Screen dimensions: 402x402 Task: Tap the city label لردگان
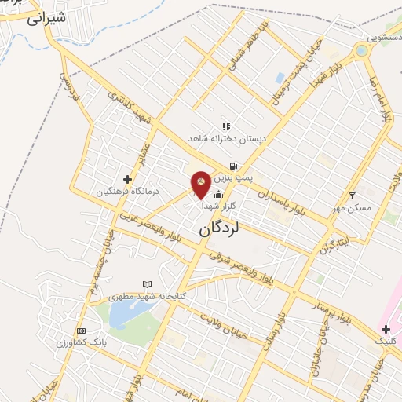click(217, 229)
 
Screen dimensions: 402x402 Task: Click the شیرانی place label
click(43, 18)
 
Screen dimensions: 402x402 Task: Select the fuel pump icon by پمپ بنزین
click(233, 166)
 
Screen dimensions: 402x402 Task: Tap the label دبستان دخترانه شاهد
click(226, 138)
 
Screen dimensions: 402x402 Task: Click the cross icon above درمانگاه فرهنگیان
click(127, 179)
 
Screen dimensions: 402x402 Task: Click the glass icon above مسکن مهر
click(352, 195)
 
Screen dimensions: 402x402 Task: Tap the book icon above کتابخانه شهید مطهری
click(147, 283)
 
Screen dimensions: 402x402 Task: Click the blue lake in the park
click(123, 316)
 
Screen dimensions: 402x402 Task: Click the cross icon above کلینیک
click(385, 329)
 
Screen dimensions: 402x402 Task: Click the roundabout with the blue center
click(361, 51)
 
